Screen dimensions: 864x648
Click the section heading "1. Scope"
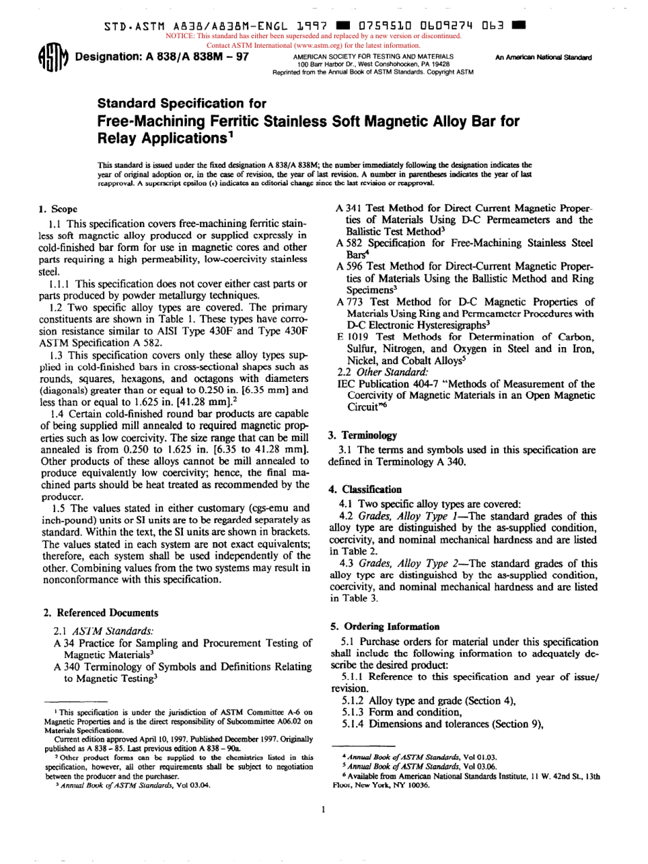point(58,208)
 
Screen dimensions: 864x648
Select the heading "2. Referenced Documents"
point(101,613)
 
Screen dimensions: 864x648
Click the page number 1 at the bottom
point(323,809)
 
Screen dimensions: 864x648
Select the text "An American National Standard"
point(544,57)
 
